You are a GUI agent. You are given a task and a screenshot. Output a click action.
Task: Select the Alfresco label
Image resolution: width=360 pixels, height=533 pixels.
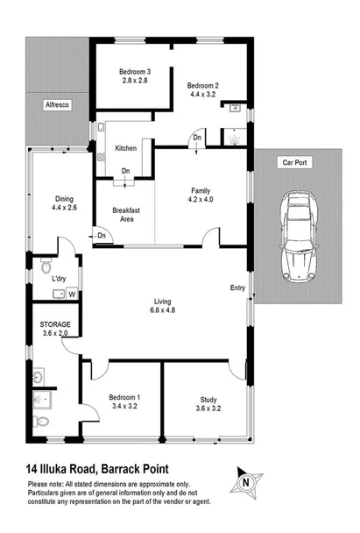[57, 105]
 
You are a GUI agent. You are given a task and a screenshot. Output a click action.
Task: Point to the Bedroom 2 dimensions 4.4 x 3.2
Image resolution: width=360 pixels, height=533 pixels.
[201, 95]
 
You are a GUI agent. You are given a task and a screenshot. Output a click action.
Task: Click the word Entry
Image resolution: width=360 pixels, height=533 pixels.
[237, 288]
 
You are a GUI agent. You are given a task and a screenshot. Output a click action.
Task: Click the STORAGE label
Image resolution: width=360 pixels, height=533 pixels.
[55, 323]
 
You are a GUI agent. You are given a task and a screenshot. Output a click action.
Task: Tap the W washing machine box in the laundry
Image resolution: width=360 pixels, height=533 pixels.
[72, 294]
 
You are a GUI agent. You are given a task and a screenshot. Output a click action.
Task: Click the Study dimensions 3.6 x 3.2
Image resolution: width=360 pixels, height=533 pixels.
[208, 408]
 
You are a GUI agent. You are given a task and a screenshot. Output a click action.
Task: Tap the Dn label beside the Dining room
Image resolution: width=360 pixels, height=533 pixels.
[102, 236]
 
